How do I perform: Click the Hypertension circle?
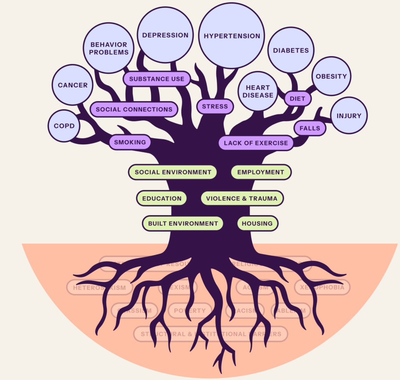click(x=232, y=36)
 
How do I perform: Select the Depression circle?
click(x=165, y=35)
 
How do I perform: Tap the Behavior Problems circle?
click(x=109, y=48)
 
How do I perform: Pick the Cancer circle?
click(x=73, y=85)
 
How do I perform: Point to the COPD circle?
click(x=64, y=126)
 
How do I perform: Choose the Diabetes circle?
click(x=291, y=50)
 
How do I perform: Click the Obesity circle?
click(x=331, y=76)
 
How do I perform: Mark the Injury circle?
click(x=349, y=116)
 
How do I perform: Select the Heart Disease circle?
click(x=258, y=91)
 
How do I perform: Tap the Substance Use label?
click(x=157, y=79)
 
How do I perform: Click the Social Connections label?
click(x=134, y=109)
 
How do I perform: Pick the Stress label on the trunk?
click(x=215, y=106)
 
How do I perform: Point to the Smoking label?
click(x=130, y=142)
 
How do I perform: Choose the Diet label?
click(x=297, y=98)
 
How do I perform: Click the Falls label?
click(x=310, y=128)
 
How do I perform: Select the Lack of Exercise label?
click(x=256, y=143)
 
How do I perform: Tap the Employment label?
click(x=261, y=172)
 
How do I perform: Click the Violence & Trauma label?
click(x=242, y=198)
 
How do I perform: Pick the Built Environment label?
click(x=183, y=223)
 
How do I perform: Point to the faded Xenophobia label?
click(x=322, y=287)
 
